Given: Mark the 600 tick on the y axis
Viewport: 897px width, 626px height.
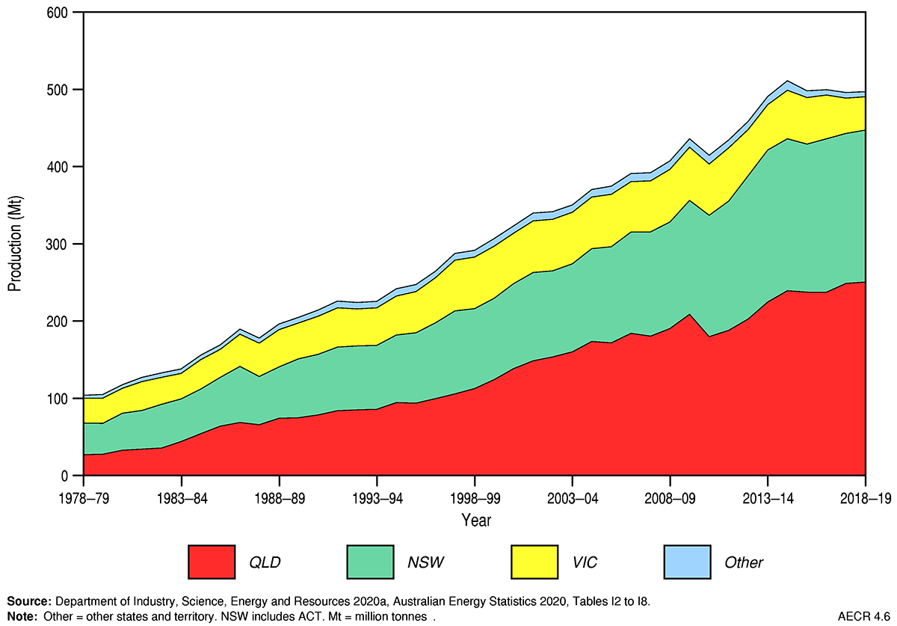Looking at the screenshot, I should (58, 13).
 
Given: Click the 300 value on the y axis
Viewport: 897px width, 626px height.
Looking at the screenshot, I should (58, 244).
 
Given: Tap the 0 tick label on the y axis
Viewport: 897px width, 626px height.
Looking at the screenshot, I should (65, 476).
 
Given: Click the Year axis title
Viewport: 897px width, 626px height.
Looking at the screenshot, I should (475, 520).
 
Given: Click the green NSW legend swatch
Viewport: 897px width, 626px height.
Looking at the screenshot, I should (371, 562).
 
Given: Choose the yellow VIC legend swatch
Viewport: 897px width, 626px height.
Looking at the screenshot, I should (534, 562).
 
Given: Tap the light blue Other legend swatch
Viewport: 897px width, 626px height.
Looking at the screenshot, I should (687, 562).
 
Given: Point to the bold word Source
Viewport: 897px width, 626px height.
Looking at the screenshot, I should (30, 601).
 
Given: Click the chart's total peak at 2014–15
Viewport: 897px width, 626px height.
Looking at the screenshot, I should (787, 81).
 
